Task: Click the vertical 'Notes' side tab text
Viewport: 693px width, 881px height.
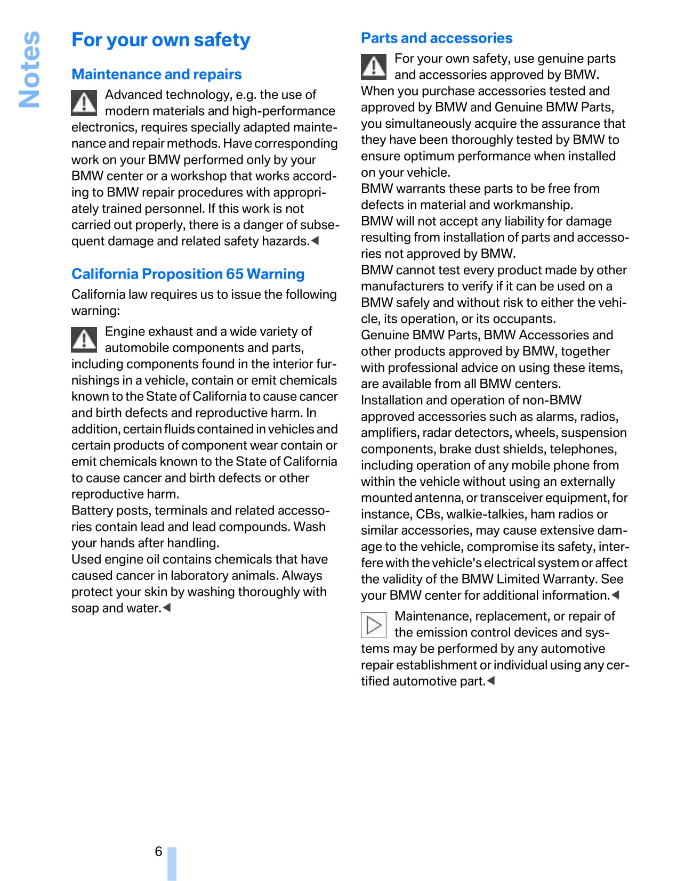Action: pos(29,69)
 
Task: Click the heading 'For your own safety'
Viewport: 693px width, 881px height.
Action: pos(160,40)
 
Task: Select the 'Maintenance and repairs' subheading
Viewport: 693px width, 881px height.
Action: pos(156,74)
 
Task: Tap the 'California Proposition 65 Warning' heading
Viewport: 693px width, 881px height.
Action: pos(188,274)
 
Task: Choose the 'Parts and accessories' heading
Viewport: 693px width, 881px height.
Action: pos(436,38)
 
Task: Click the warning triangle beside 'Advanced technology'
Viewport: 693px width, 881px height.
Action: pos(84,103)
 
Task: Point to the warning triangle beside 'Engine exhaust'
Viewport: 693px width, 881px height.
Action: pos(84,339)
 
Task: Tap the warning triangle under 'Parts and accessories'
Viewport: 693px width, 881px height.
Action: pos(374,67)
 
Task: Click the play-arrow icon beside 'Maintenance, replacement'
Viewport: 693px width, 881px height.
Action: pos(374,624)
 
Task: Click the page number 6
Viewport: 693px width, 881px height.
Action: pos(158,851)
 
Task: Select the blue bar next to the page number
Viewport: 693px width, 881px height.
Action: pos(172,863)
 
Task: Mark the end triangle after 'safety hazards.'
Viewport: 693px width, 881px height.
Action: pos(315,241)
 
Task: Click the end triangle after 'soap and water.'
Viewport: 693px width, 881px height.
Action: pos(167,608)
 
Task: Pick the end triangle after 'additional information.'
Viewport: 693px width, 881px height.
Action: pos(615,595)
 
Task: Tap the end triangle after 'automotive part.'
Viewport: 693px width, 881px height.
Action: pos(491,681)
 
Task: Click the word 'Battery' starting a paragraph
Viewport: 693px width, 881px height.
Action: pos(92,510)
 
